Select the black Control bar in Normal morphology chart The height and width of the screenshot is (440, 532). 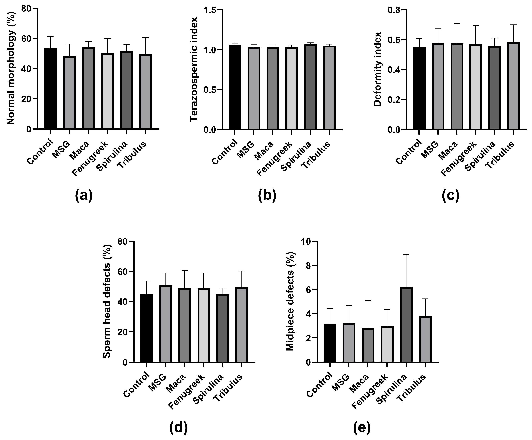[x=50, y=89]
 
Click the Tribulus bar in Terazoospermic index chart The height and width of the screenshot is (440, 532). [x=329, y=87]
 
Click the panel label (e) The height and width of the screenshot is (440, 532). [x=362, y=428]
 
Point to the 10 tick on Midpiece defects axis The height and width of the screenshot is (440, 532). [x=305, y=241]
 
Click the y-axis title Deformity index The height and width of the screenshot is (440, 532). [x=378, y=69]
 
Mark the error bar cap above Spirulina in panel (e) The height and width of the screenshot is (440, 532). [x=406, y=255]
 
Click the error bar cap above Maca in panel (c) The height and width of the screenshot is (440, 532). [x=457, y=24]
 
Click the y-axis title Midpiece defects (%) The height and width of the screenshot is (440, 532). [x=291, y=301]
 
